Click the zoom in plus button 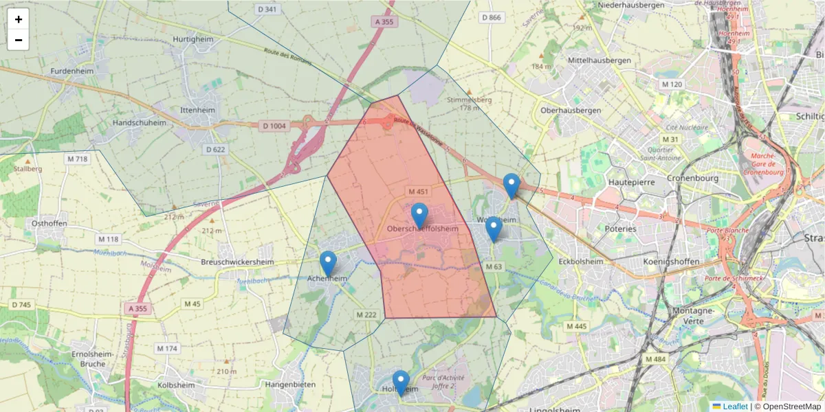[19, 19]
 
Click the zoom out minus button [19, 40]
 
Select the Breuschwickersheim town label [238, 262]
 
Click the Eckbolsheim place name [581, 262]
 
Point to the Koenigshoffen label [672, 262]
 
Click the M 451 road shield [418, 192]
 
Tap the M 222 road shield [366, 314]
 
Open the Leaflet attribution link [735, 407]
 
